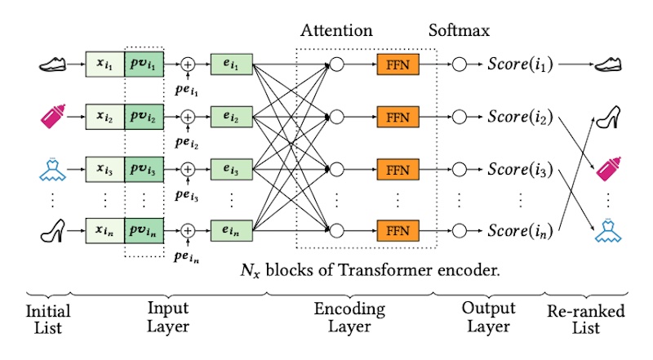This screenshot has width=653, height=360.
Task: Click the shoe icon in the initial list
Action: [51, 63]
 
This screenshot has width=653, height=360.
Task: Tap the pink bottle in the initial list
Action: [51, 116]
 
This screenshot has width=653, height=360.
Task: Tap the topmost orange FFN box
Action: [397, 63]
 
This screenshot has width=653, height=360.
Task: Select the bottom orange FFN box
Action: [397, 226]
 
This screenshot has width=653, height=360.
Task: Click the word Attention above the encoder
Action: [336, 31]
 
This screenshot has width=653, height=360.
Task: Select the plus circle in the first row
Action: [188, 63]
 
